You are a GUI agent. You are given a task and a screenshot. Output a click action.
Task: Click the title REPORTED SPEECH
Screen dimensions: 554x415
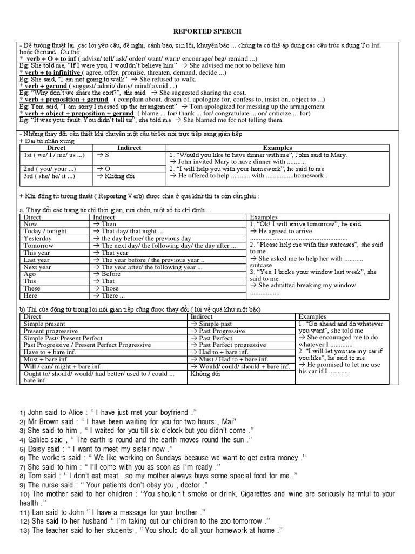207,32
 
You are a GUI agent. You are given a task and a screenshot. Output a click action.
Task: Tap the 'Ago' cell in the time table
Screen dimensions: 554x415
30,274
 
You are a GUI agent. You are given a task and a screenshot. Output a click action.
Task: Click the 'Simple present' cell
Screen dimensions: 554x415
44,324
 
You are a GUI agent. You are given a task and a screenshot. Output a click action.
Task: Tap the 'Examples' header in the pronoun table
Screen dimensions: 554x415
277,147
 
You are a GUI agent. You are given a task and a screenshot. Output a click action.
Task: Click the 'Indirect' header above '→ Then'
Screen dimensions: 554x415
104,217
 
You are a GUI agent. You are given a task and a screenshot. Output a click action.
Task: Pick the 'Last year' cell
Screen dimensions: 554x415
37,260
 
